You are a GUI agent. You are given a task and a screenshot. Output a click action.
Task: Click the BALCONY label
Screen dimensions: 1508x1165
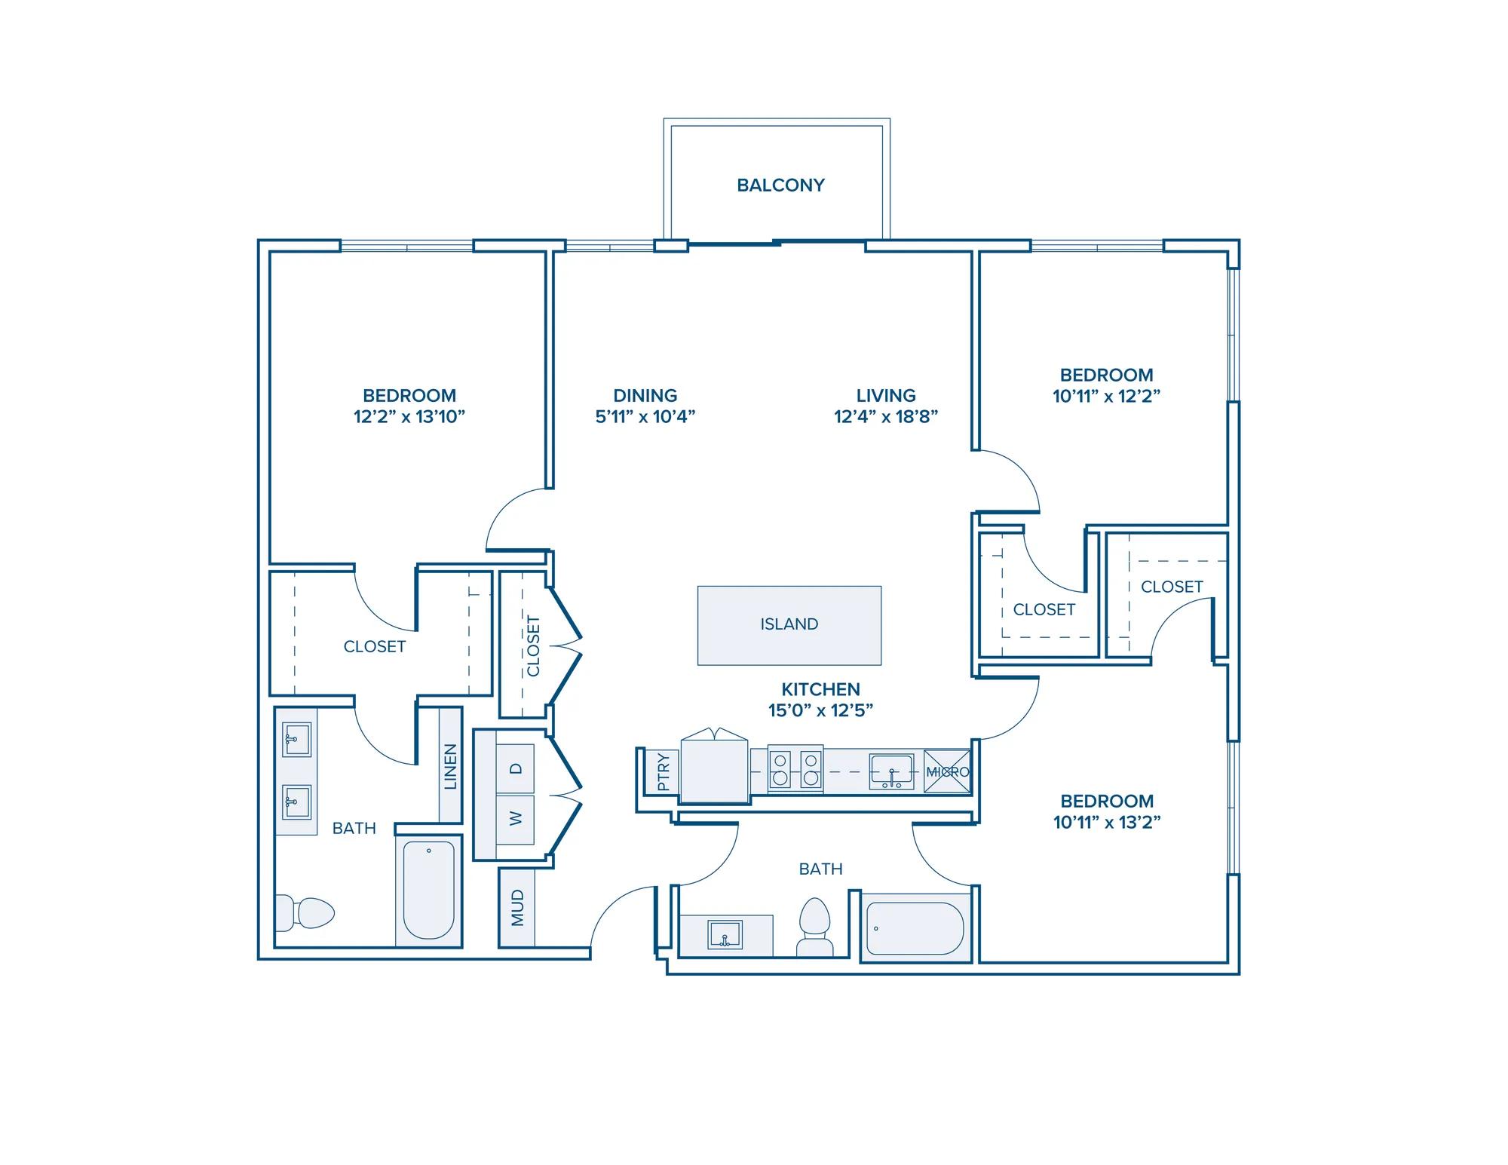tap(780, 185)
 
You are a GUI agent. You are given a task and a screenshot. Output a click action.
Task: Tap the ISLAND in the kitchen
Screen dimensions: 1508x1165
tap(789, 625)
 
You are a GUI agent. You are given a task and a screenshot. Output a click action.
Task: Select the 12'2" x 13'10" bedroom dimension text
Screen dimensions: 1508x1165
tap(409, 416)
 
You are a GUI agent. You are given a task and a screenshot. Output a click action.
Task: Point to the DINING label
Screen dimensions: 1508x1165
tap(645, 395)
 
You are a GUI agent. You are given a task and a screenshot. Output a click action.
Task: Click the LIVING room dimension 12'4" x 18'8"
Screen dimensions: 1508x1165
tap(886, 416)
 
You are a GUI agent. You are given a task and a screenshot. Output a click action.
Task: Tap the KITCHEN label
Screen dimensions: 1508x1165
tap(820, 689)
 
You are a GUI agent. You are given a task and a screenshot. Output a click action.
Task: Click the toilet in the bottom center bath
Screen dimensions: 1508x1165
tap(814, 927)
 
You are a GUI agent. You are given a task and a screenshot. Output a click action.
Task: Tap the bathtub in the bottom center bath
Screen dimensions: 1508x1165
tap(915, 928)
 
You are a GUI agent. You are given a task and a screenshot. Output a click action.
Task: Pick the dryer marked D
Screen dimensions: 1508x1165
tap(516, 769)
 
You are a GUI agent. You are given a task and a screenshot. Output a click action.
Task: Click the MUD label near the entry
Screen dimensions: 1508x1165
tap(517, 908)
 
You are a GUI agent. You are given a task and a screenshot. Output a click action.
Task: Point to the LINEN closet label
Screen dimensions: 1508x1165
tap(451, 767)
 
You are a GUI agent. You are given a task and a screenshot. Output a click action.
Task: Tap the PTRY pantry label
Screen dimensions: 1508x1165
tap(664, 772)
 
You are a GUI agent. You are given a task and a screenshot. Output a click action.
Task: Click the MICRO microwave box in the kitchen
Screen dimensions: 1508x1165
tap(948, 771)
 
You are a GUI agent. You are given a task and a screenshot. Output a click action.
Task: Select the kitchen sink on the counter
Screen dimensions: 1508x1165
tap(892, 771)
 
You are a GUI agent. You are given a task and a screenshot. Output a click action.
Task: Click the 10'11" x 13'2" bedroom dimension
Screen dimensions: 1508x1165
tap(1107, 822)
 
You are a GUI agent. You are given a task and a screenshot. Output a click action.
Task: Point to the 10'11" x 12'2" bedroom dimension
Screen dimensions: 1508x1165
tap(1106, 396)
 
